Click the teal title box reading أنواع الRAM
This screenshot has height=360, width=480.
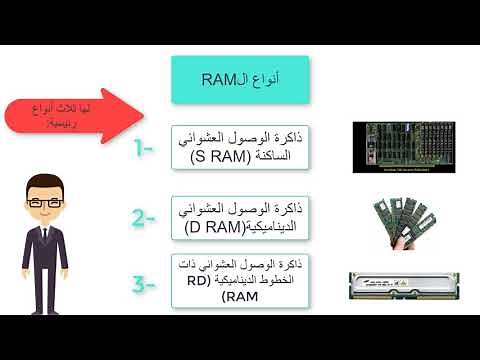pos(240,80)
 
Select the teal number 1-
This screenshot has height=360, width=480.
pos(143,150)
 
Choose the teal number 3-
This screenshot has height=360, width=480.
pos(144,285)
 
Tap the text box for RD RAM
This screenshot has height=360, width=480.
pos(240,281)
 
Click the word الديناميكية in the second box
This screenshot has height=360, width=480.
pos(266,226)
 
